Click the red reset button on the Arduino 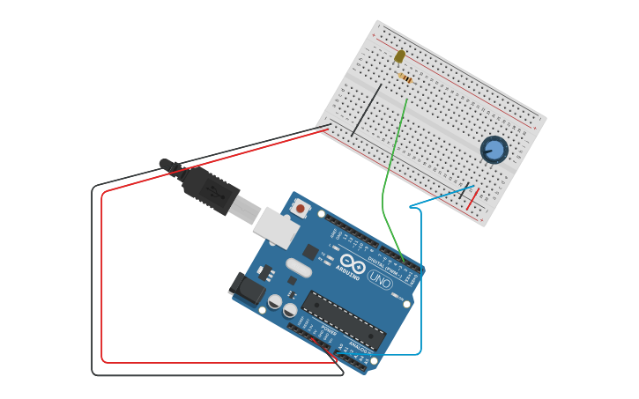[301, 209]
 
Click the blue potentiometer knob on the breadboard [494, 150]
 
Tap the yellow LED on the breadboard [399, 56]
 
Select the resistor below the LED [406, 78]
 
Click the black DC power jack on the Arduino [246, 288]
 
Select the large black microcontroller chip [344, 319]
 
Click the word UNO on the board [380, 281]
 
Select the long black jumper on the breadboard [367, 110]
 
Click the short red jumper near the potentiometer [473, 199]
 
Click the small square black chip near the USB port [310, 252]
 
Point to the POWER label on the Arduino [328, 332]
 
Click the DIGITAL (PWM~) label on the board [384, 259]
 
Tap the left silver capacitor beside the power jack [274, 301]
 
